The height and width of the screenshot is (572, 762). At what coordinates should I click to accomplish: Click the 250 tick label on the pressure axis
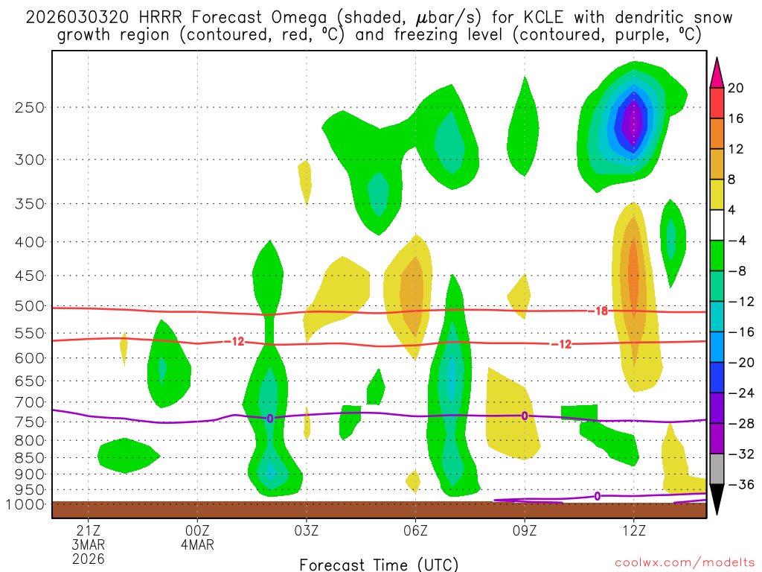tap(29, 107)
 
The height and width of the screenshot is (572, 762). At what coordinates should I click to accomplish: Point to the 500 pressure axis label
tap(29, 306)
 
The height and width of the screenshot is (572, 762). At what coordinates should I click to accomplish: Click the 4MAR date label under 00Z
tap(197, 544)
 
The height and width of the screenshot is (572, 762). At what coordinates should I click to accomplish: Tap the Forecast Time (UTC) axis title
tap(379, 564)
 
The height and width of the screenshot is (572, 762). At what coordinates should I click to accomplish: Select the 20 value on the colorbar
tap(736, 88)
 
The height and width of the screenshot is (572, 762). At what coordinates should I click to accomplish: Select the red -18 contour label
tap(601, 311)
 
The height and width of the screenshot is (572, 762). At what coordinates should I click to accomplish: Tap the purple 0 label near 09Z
tap(525, 416)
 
